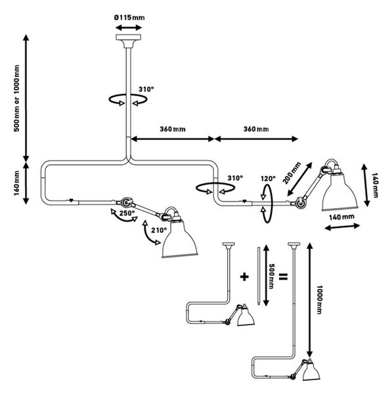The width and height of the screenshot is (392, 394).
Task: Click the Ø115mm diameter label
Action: point(129,18)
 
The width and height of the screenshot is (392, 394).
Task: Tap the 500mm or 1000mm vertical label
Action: point(16,98)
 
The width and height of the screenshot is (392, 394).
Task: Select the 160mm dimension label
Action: point(16,183)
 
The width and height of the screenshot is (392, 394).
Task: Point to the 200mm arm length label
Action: point(292,173)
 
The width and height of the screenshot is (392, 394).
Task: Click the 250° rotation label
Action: point(127,213)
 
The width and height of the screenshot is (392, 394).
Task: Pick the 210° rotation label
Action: point(159,230)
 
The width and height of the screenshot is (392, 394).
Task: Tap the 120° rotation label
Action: point(268,179)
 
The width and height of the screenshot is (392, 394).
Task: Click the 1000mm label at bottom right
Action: point(319,299)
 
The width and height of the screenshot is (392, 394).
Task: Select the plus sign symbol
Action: point(244,276)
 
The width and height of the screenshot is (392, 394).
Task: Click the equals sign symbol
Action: point(283,276)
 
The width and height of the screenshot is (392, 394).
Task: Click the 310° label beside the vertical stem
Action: point(146,89)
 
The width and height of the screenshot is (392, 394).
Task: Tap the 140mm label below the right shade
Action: point(341,217)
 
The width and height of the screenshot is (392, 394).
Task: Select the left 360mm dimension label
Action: point(173,129)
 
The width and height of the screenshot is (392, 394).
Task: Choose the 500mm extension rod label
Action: point(271,276)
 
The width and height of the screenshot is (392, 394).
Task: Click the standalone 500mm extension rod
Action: point(258,276)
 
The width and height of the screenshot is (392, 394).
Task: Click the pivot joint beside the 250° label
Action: point(125,202)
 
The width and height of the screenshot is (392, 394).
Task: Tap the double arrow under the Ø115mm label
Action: point(129,28)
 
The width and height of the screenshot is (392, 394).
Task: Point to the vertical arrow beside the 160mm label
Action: point(26,183)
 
